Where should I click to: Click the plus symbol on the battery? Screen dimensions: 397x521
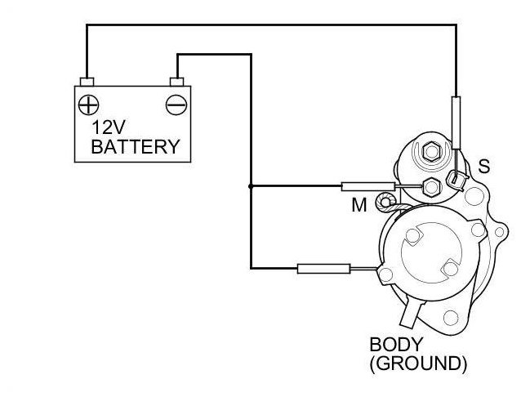(87, 105)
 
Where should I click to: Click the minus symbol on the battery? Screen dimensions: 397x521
(176, 105)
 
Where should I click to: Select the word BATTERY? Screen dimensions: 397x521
(135, 147)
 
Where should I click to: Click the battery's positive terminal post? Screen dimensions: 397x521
(87, 81)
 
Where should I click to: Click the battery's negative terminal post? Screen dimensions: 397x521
(176, 81)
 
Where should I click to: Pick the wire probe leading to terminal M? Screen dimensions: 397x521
(361, 186)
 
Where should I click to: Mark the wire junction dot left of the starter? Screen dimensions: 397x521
(250, 186)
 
